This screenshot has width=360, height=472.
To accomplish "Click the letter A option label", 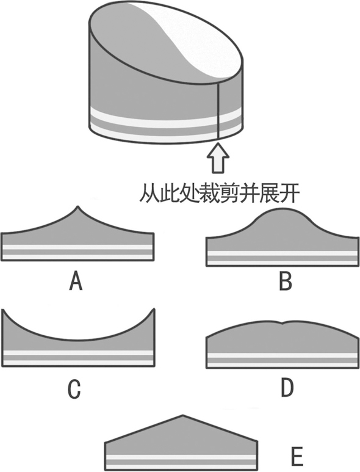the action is pyautogui.click(x=76, y=280).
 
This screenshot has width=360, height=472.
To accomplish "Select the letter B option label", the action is pyautogui.click(x=286, y=280).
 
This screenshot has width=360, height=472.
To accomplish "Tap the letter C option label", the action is pyautogui.click(x=74, y=388).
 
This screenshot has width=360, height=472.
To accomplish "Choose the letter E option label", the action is pyautogui.click(x=297, y=457).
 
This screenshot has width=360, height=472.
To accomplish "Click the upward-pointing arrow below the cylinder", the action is pyautogui.click(x=218, y=158).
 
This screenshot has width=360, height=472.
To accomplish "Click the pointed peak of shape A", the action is pyautogui.click(x=78, y=206).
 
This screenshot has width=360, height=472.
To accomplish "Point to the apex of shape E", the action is pyautogui.click(x=183, y=416).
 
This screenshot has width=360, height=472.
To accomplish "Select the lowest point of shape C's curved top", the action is pyautogui.click(x=78, y=341).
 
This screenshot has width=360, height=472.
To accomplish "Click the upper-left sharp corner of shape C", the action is pyautogui.click(x=2, y=310).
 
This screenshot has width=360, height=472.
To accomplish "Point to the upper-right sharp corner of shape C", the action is pyautogui.click(x=154, y=309).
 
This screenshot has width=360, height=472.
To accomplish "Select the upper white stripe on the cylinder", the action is pyautogui.click(x=165, y=117).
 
